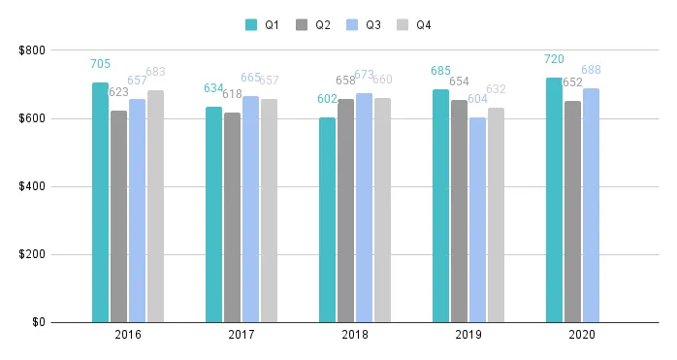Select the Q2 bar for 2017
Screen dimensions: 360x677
(232, 217)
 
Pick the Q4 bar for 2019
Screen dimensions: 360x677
(496, 214)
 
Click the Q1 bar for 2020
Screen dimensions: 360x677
(554, 200)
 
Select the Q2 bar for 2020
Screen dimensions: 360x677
(572, 212)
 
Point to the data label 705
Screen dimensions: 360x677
(100, 64)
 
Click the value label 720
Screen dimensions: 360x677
(554, 59)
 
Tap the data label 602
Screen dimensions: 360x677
(327, 99)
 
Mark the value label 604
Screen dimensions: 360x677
(477, 99)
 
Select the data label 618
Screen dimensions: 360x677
(232, 94)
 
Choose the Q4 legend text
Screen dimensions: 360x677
(424, 25)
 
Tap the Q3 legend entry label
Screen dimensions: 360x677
(373, 25)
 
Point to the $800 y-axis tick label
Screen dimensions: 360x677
(31, 50)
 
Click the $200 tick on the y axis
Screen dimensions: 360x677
(31, 254)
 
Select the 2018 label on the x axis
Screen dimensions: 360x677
(354, 335)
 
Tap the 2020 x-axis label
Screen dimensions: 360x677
(581, 335)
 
